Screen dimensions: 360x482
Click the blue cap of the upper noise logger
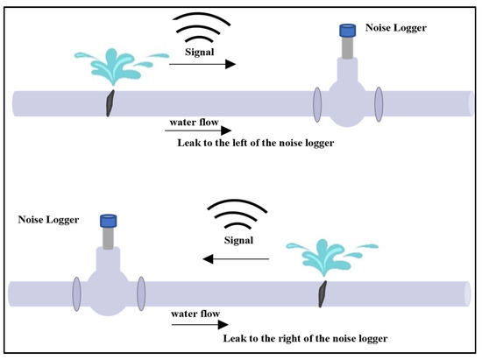(346, 28)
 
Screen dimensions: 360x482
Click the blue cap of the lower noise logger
(110, 218)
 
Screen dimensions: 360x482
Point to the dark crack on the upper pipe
(109, 102)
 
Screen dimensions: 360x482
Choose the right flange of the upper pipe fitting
(379, 103)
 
